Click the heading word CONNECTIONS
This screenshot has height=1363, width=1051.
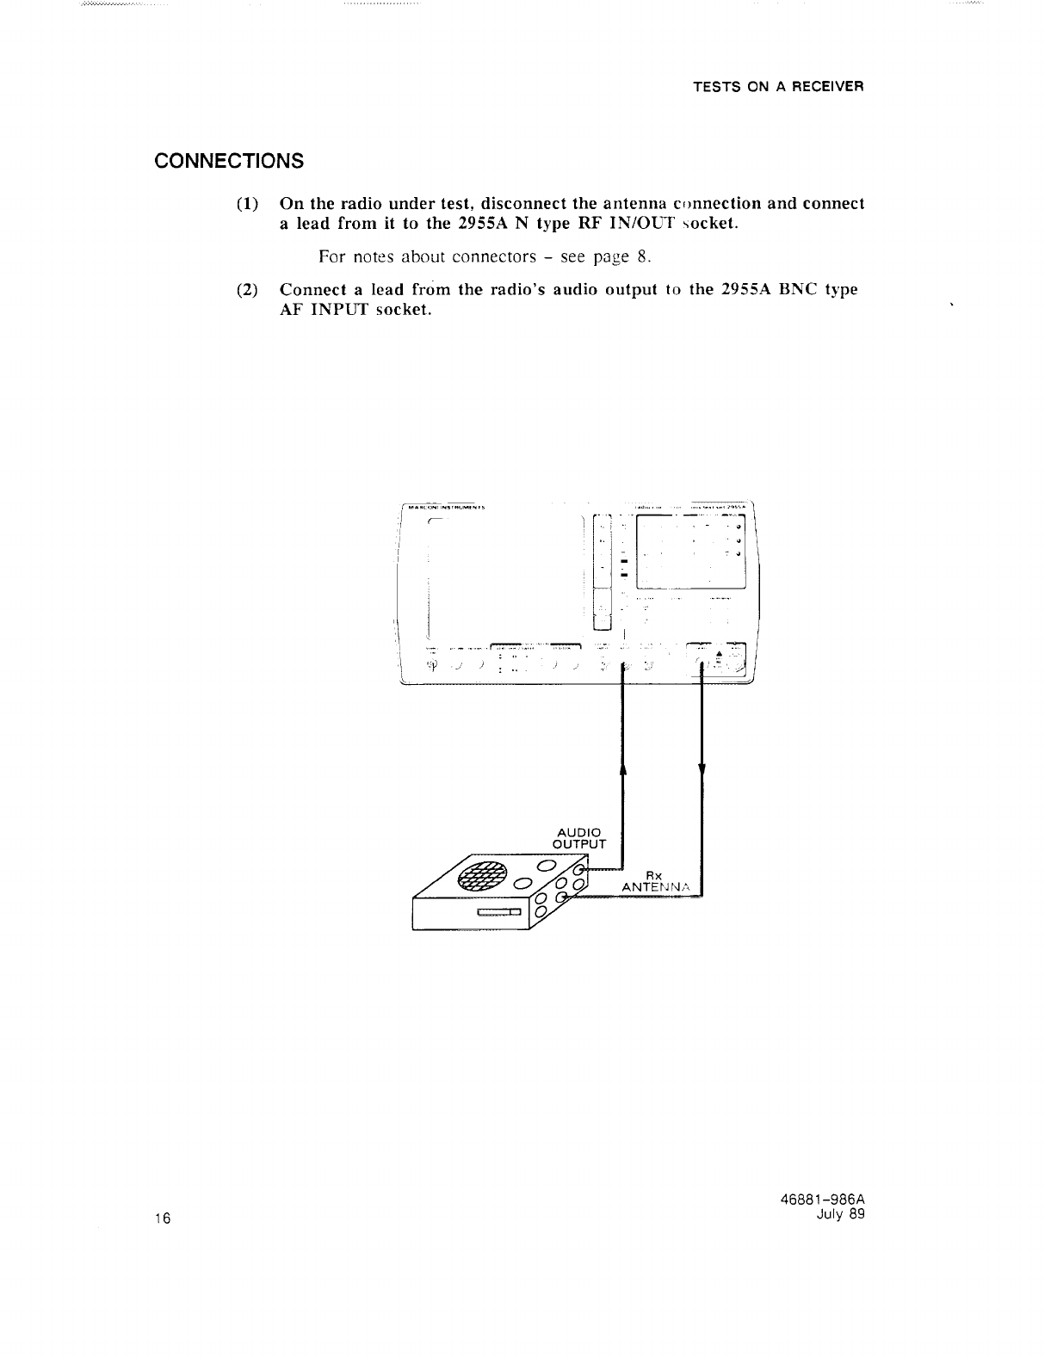[228, 161]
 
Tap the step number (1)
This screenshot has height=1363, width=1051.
[248, 205]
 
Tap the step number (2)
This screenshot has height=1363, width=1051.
[248, 290]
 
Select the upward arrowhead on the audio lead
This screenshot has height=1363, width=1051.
[622, 768]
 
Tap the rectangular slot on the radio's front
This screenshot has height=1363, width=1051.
[499, 913]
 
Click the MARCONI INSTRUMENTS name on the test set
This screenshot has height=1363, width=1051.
[447, 507]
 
